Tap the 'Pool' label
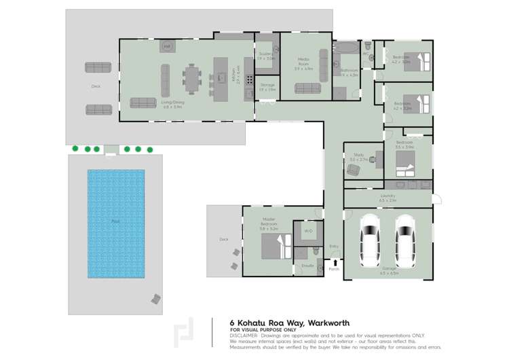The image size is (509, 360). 115,221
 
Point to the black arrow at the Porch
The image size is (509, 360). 334,262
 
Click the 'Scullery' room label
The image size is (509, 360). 266,56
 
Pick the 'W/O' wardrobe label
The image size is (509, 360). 307,231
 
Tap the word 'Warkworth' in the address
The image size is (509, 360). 328,323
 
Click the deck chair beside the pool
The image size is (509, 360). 156,299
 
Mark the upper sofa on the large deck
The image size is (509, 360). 98,67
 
